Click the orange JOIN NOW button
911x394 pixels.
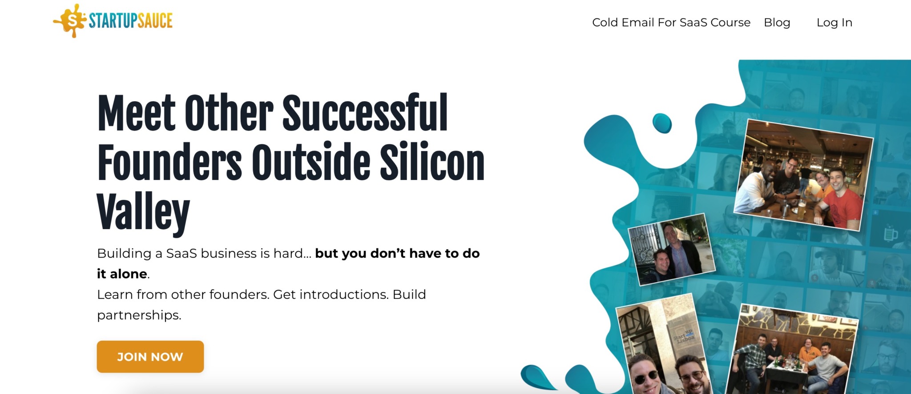click(x=150, y=357)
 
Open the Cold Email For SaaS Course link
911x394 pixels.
click(x=671, y=22)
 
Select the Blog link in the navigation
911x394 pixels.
click(x=777, y=23)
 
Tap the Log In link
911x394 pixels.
click(x=834, y=23)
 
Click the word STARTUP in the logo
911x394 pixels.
click(x=113, y=20)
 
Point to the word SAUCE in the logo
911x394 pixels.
click(x=155, y=20)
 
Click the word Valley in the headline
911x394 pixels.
click(x=143, y=212)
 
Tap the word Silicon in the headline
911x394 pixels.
click(x=432, y=162)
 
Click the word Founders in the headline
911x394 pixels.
click(x=169, y=162)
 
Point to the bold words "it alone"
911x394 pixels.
click(x=122, y=274)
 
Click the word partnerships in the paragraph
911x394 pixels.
click(x=139, y=315)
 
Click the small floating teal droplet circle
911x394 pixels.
click(x=662, y=123)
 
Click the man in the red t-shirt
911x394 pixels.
click(x=838, y=198)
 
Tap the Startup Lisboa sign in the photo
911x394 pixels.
click(x=684, y=337)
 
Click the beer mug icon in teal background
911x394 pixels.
click(x=890, y=234)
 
